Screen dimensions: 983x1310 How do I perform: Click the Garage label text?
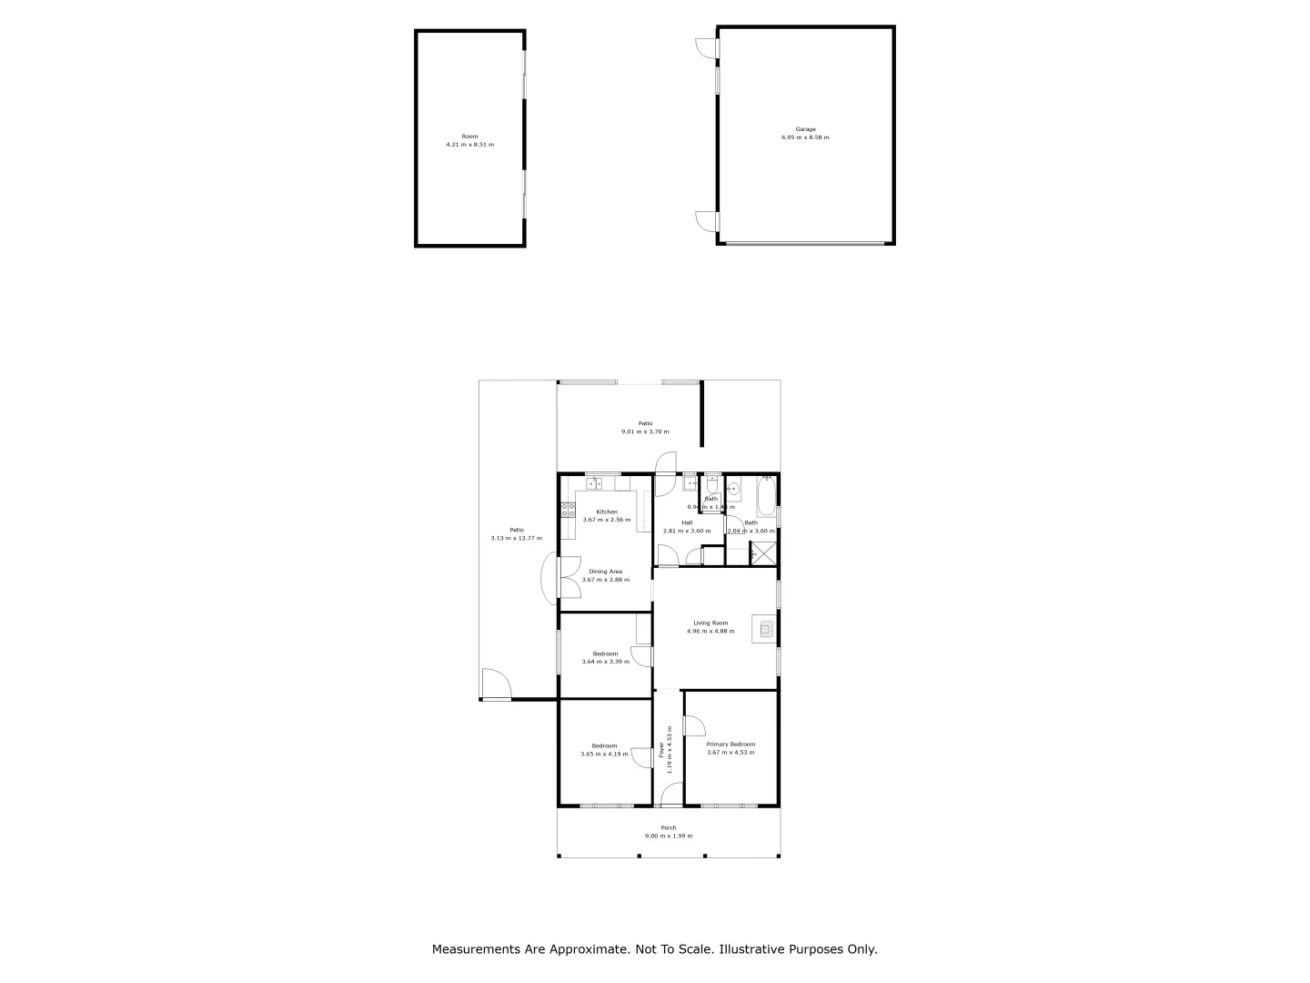coord(805,129)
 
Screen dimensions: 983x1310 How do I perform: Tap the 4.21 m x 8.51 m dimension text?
coord(469,145)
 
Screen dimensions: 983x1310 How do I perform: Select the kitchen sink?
coord(593,483)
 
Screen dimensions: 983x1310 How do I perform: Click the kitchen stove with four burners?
coord(567,510)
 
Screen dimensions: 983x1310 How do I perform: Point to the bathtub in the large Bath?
coord(766,497)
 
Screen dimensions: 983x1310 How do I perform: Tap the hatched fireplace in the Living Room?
coord(765,628)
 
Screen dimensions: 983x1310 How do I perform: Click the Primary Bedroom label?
coord(731,744)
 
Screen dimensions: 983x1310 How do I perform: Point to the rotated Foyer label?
coord(661,750)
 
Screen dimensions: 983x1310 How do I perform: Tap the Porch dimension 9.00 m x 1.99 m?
coord(669,836)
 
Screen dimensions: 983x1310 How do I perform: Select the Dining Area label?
coord(605,572)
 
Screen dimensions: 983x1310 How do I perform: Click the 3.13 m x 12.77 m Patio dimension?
coord(516,538)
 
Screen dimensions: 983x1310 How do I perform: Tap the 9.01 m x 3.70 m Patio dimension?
coord(645,431)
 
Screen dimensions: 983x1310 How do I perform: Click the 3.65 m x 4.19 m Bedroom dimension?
coord(605,754)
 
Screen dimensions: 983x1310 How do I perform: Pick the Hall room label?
coord(687,522)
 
